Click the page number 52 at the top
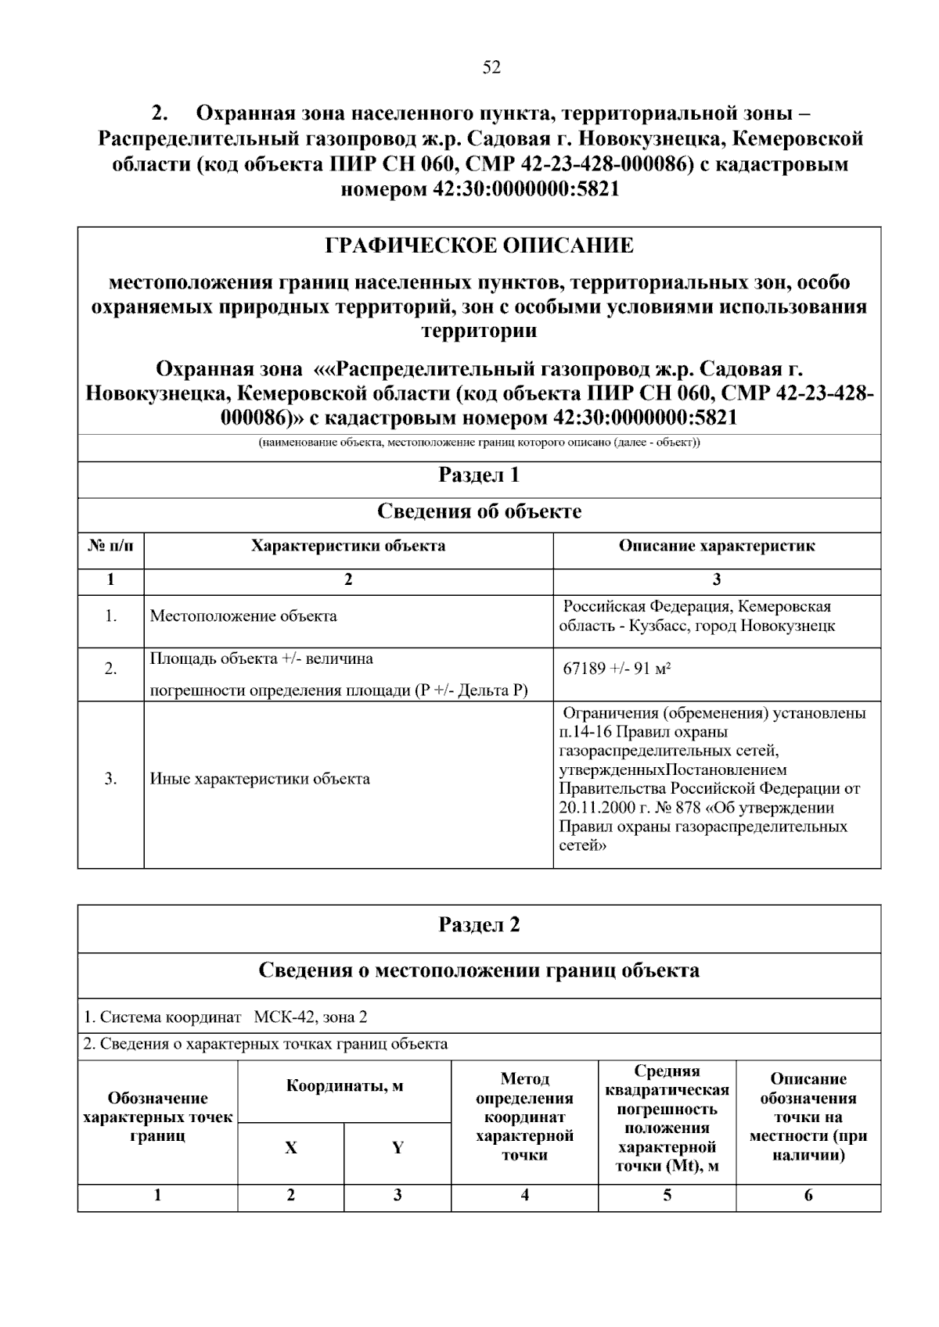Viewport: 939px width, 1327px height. (491, 67)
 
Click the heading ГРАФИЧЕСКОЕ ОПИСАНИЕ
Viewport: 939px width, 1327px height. (479, 246)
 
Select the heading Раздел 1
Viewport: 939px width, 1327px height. (479, 475)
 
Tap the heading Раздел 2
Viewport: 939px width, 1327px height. (479, 925)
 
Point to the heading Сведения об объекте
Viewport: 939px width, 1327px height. (479, 511)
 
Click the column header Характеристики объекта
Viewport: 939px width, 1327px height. (348, 546)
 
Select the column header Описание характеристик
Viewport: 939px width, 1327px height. (717, 546)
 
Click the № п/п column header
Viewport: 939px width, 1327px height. (110, 546)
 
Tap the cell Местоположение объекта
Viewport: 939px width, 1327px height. (243, 616)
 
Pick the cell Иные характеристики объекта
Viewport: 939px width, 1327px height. (260, 779)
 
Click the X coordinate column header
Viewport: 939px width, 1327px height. (290, 1148)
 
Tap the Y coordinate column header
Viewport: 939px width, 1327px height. (398, 1148)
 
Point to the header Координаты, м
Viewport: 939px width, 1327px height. (344, 1086)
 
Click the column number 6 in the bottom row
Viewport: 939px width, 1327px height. (808, 1195)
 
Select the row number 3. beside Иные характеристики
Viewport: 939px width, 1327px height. (110, 779)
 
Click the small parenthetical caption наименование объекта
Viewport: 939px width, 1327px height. (479, 443)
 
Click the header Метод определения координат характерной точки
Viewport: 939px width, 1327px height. (524, 1117)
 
